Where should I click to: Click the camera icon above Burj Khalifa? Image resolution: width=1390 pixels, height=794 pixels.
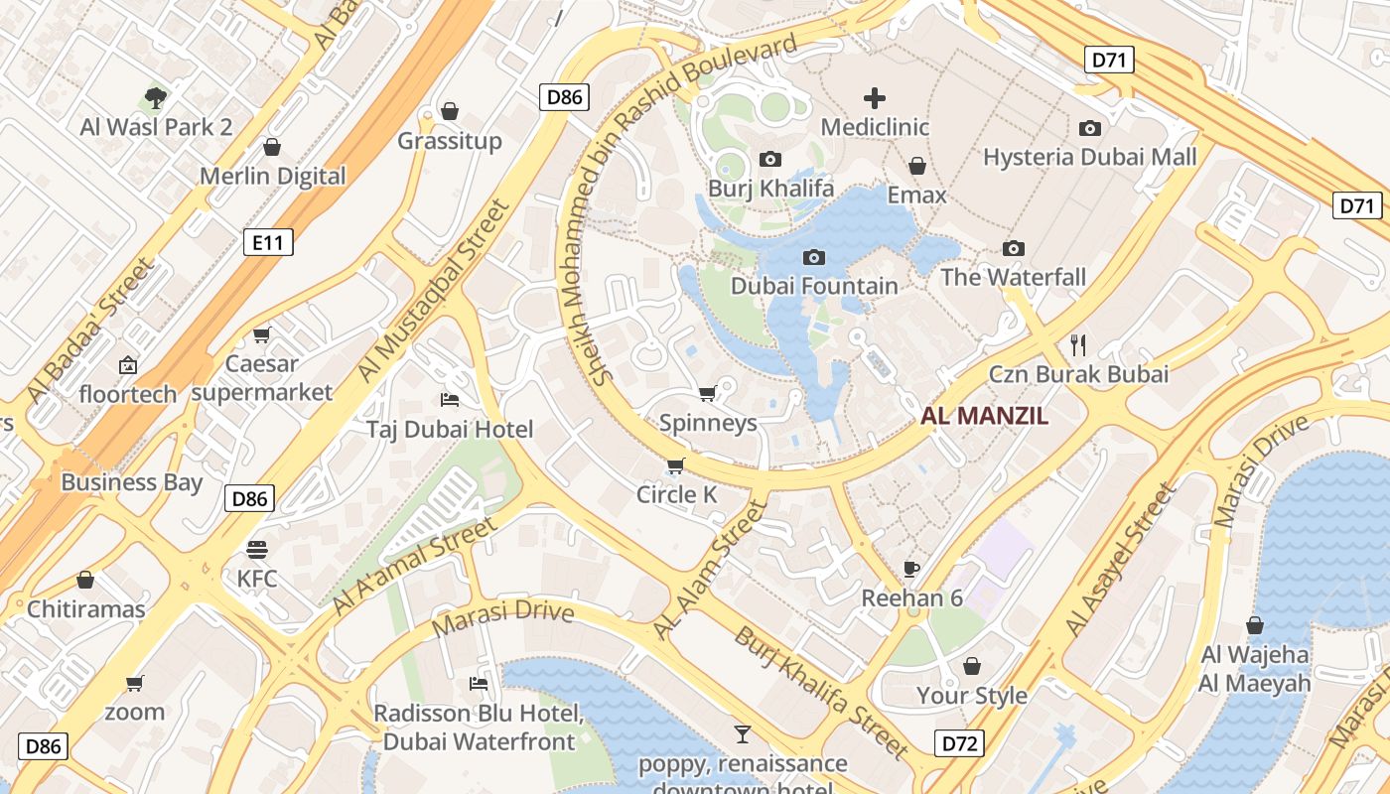point(769,159)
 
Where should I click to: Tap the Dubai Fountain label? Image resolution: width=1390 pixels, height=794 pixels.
point(814,286)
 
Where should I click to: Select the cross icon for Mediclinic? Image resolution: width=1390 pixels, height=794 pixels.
point(875,97)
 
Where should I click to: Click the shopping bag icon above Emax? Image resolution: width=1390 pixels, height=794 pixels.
point(917,166)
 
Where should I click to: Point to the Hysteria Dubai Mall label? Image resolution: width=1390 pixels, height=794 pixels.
point(1089,157)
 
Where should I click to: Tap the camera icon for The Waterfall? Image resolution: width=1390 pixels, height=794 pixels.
point(1014,248)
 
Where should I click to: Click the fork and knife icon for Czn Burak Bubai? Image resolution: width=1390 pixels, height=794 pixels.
point(1078,344)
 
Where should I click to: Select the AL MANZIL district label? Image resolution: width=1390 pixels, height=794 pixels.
point(984,417)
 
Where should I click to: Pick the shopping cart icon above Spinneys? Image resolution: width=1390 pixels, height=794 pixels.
point(708,394)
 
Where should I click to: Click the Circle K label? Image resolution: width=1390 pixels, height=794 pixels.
point(676,494)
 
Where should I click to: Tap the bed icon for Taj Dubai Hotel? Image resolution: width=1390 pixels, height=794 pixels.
point(450,400)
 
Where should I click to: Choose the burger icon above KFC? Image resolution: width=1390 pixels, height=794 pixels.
point(257,549)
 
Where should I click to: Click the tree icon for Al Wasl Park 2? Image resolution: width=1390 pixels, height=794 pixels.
point(155,97)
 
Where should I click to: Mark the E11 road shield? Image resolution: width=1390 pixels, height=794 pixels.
point(268,241)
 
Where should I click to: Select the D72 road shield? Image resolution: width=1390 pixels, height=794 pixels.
point(960,742)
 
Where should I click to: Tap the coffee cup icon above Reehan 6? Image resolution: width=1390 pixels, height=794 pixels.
point(911,569)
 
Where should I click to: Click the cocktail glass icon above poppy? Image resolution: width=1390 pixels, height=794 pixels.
point(742,734)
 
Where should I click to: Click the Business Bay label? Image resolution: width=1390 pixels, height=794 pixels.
point(131,483)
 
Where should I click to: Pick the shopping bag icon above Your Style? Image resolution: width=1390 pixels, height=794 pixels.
point(972,665)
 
